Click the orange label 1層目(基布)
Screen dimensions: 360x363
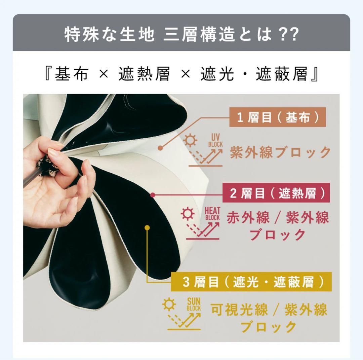pyautogui.click(x=278, y=118)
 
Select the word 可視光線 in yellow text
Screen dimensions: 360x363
pyautogui.click(x=239, y=310)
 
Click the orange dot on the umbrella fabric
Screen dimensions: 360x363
pyautogui.click(x=160, y=148)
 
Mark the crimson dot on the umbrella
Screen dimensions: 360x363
pyautogui.click(x=153, y=194)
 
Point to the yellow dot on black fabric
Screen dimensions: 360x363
pyautogui.click(x=147, y=228)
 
